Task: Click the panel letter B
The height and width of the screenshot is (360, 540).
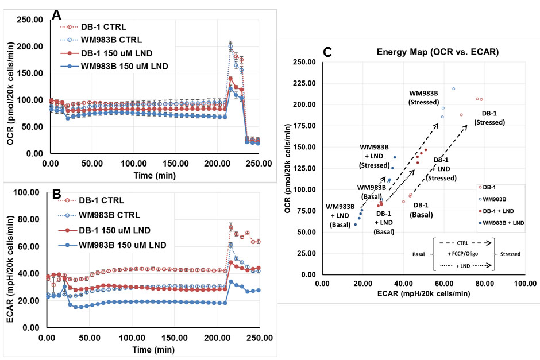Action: click(56, 193)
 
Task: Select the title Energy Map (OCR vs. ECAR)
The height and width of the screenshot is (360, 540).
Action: click(437, 52)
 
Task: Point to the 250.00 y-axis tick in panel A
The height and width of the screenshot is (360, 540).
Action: click(29, 20)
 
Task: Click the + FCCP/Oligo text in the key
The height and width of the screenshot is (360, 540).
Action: click(465, 253)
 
